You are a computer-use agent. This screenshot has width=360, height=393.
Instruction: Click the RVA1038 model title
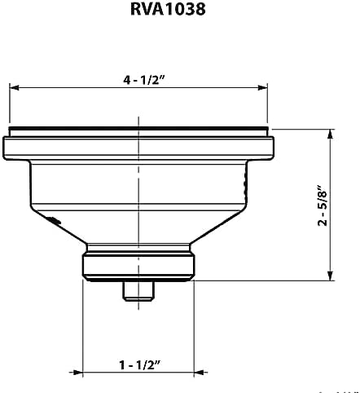(x=168, y=9)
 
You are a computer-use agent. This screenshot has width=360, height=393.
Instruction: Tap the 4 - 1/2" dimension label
(x=144, y=80)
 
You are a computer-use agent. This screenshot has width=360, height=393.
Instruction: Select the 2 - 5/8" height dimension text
(x=323, y=205)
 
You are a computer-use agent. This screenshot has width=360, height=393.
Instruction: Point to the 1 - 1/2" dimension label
(x=140, y=364)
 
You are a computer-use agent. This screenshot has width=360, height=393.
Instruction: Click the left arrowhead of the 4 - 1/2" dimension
(x=15, y=87)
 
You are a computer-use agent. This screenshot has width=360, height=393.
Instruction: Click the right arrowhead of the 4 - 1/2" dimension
(x=262, y=87)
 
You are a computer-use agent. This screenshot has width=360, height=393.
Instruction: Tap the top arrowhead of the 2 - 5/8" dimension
(x=330, y=135)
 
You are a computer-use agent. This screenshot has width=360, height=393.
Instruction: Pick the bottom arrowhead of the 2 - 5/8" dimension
(x=330, y=276)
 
